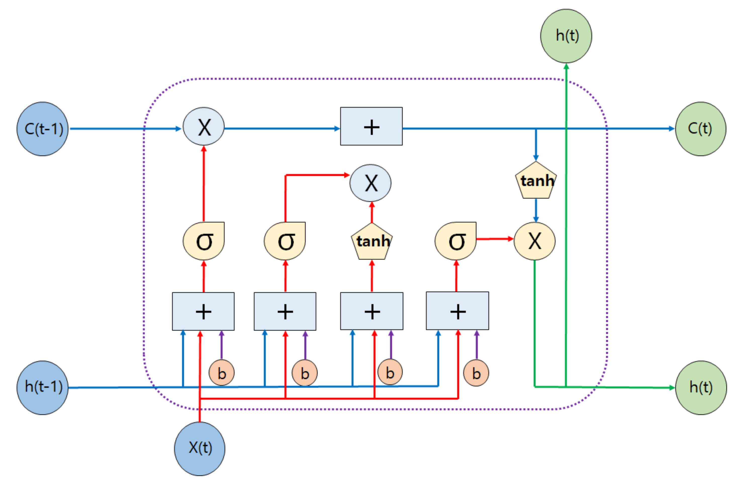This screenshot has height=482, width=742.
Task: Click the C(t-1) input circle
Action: click(42, 129)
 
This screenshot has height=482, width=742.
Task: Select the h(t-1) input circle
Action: click(42, 387)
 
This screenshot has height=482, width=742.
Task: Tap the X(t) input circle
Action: click(200, 448)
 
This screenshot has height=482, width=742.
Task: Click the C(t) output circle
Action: click(700, 129)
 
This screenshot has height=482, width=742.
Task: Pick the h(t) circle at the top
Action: click(566, 36)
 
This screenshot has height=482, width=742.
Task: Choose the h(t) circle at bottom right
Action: click(701, 387)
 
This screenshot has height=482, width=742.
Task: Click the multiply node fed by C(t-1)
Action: click(204, 127)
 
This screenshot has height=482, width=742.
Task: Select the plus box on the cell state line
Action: click(371, 127)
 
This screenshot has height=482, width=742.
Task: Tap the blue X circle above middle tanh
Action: click(370, 183)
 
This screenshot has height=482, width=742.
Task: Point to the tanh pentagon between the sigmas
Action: click(372, 242)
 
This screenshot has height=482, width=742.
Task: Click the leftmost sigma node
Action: click(204, 241)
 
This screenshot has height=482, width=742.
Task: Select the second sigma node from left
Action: click(285, 241)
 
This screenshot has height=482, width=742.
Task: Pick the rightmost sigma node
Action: click(455, 241)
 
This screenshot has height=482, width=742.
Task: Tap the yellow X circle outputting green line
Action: click(534, 241)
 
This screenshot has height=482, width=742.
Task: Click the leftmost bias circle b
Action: click(221, 373)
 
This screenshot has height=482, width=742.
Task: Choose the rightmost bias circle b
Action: click(476, 373)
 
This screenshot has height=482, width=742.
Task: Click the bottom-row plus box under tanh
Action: click(372, 311)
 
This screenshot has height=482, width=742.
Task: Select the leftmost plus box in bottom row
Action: click(203, 311)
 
